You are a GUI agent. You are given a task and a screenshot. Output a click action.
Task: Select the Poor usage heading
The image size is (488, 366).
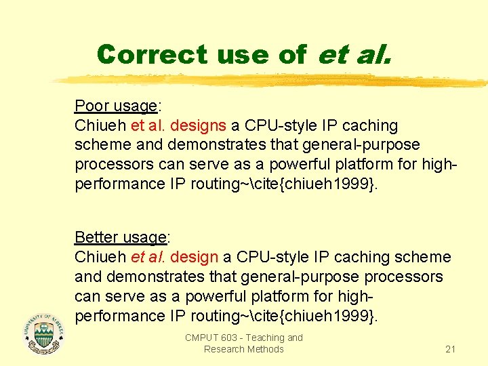click(x=116, y=106)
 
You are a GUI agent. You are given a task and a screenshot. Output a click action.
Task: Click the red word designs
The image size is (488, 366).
click(x=199, y=125)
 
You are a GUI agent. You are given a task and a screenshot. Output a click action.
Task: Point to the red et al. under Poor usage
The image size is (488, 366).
click(x=148, y=125)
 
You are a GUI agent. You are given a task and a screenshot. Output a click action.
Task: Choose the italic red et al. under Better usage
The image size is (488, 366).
click(x=148, y=257)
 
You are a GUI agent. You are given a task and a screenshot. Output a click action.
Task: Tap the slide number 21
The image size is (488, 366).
click(x=450, y=349)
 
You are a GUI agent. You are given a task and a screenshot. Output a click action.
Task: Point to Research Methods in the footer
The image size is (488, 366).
click(x=243, y=349)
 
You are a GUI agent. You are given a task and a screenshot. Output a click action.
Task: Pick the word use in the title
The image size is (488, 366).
click(x=240, y=54)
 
